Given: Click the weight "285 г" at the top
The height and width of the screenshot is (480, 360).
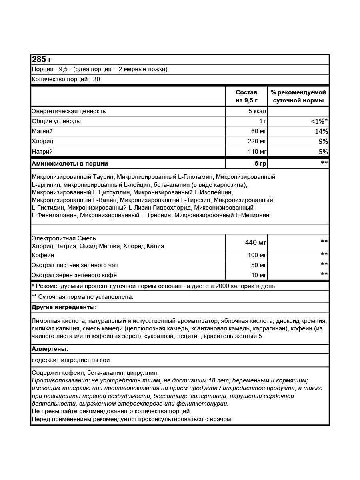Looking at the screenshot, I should point(42,59).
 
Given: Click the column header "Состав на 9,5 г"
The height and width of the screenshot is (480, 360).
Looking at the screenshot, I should point(246,96).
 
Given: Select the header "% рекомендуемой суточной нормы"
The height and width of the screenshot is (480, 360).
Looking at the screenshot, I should point(298,96).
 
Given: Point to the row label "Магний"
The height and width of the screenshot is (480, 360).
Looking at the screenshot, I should point(42,131).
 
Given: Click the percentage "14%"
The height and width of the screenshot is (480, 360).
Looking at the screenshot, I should point(321,131).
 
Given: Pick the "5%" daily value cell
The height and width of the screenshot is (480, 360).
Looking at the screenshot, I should point(323,152).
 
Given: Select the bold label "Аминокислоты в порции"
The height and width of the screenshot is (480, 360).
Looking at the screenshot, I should point(70,164).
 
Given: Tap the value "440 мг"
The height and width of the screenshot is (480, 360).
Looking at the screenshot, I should point(256,242).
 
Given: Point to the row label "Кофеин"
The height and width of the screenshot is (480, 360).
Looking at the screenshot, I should point(43,255).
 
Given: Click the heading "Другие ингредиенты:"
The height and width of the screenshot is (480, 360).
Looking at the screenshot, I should point(64,307).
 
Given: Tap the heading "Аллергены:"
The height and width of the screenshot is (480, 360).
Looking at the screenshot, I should point(50,349).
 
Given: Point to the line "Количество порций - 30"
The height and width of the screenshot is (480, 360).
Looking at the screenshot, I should point(66,79).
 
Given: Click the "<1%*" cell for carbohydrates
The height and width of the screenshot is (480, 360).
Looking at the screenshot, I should point(319,121).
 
